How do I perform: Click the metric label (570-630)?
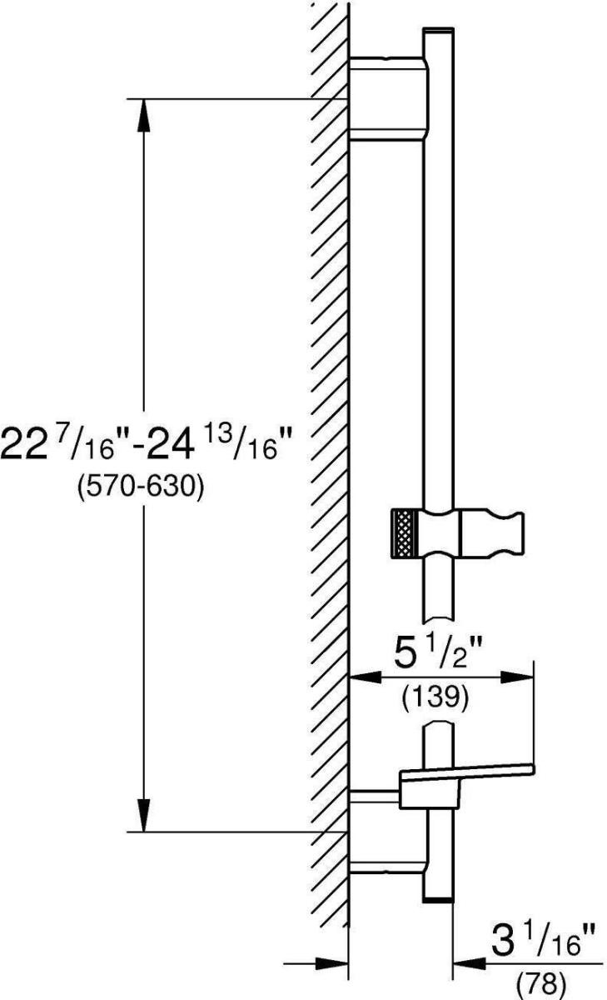(141, 487)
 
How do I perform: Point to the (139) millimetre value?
(435, 697)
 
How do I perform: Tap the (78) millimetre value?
(540, 983)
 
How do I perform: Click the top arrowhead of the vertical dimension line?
(143, 115)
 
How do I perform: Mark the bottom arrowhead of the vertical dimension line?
(143, 816)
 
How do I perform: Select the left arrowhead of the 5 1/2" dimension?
(365, 677)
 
